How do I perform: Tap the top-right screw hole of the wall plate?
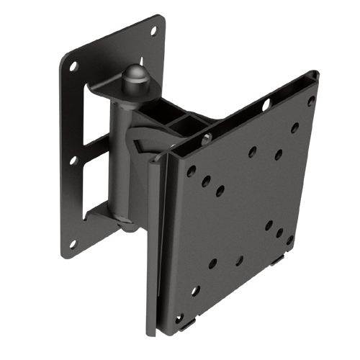pos(153,31)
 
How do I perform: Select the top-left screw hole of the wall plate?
pos(73,66)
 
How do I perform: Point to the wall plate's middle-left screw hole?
pos(73,160)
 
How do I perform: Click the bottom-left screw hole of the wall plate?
pos(73,244)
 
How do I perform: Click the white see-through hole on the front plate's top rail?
pos(266,105)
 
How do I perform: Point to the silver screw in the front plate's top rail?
pos(207,138)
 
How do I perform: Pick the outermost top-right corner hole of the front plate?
pos(311,102)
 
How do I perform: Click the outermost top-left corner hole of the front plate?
pos(192,171)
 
